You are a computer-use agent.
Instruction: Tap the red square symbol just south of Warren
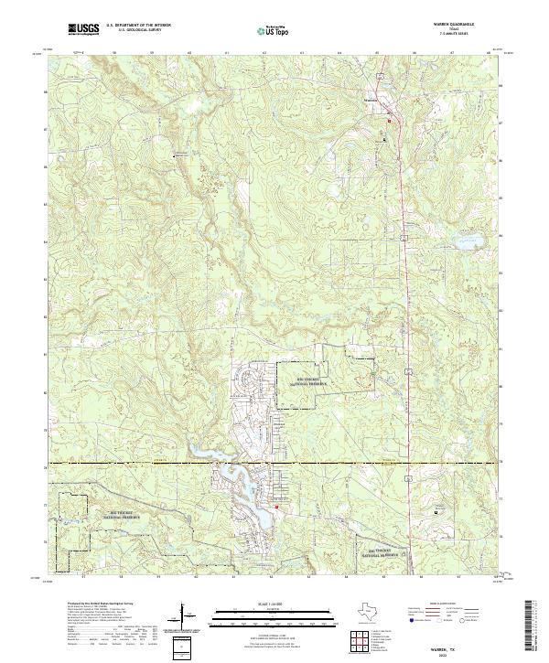click(389, 120)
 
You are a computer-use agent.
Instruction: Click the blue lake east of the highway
click(471, 243)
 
